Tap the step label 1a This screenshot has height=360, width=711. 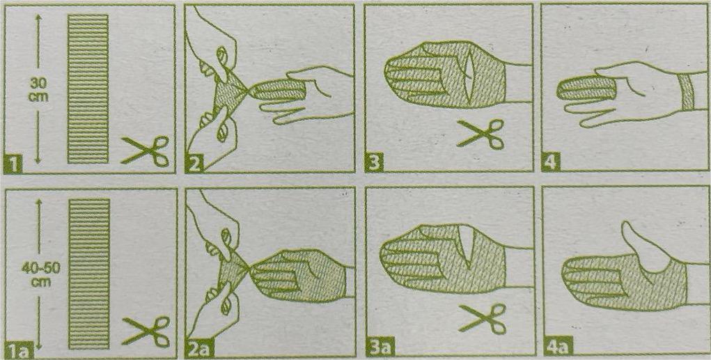(19, 349)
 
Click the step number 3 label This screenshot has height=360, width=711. (374, 163)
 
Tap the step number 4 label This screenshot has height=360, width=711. (551, 163)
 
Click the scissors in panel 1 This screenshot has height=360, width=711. (145, 150)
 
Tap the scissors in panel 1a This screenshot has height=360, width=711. (147, 331)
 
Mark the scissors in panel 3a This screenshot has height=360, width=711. (483, 318)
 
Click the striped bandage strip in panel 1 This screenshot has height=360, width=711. (88, 88)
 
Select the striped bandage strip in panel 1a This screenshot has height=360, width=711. (89, 274)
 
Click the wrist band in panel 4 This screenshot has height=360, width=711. (689, 94)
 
